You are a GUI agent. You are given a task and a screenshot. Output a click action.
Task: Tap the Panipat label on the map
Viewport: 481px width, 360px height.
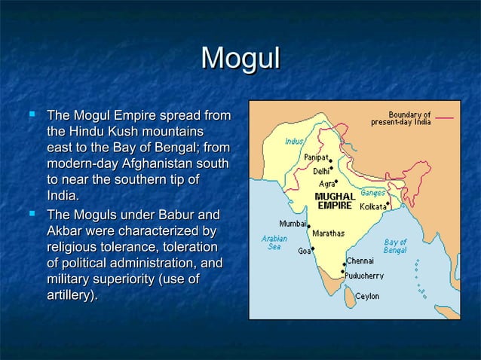pyautogui.click(x=316, y=157)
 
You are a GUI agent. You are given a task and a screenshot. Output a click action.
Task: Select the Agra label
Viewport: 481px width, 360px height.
pyautogui.click(x=326, y=183)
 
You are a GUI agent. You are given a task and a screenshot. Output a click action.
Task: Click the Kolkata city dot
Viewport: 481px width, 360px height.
pyautogui.click(x=388, y=203)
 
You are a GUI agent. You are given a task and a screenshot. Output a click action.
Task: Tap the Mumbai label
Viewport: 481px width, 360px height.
pyautogui.click(x=293, y=224)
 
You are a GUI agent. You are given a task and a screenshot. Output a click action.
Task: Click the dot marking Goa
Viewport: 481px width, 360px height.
pyautogui.click(x=313, y=249)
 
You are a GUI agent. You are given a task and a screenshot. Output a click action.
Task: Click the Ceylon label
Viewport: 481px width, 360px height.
pyautogui.click(x=368, y=297)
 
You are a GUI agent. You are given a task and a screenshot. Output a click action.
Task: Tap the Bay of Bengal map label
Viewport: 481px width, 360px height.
pyautogui.click(x=395, y=246)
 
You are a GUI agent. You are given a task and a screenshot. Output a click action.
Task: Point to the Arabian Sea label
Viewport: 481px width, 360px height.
pyautogui.click(x=274, y=243)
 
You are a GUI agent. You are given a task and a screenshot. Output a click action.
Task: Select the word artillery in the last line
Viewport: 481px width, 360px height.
pyautogui.click(x=70, y=296)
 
